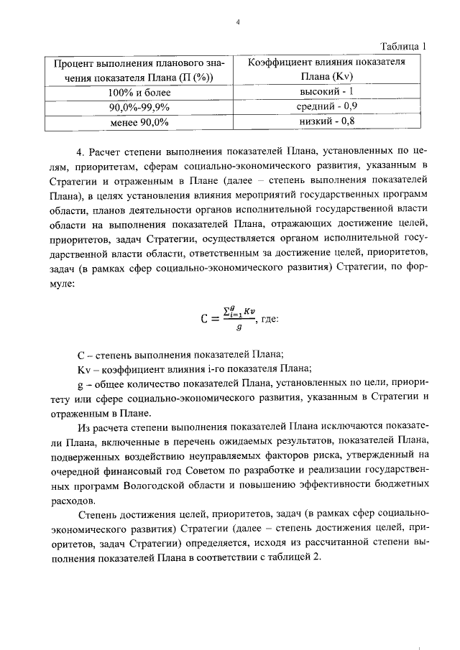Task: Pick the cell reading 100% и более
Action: [x=139, y=93]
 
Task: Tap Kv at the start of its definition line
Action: [x=83, y=369]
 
